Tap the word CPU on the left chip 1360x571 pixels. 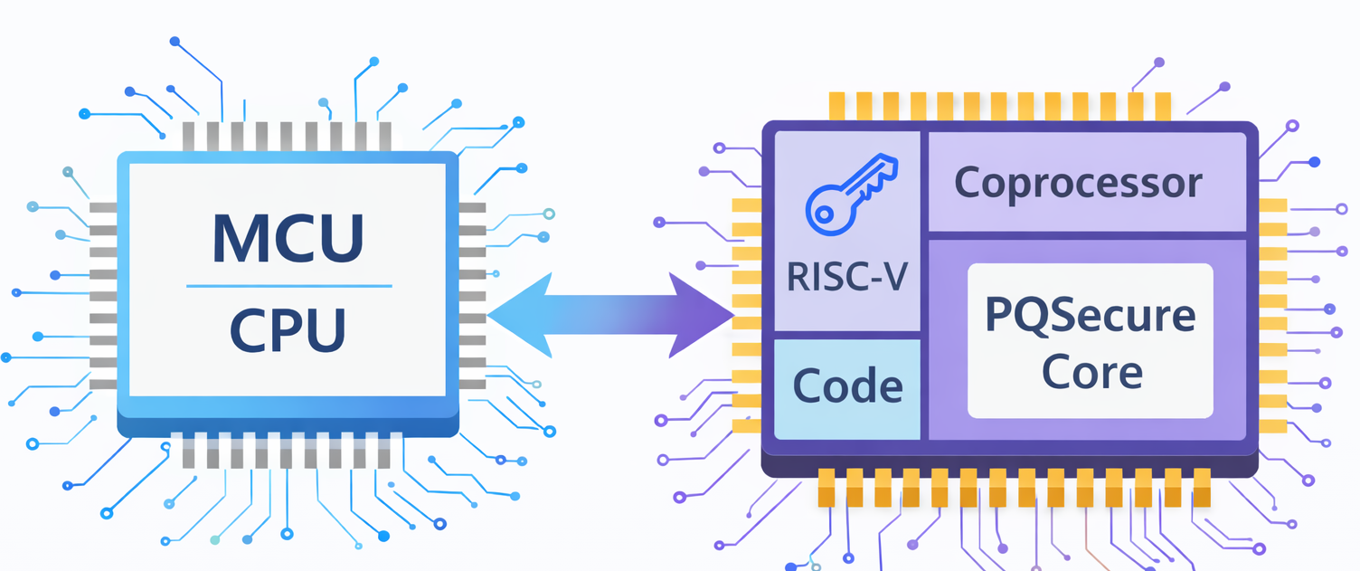pyautogui.click(x=288, y=330)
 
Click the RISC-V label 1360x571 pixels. pyautogui.click(x=847, y=275)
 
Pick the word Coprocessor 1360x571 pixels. pyautogui.click(x=1078, y=183)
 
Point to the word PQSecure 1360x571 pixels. pyautogui.click(x=1090, y=317)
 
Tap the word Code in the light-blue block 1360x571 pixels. pyautogui.click(x=847, y=386)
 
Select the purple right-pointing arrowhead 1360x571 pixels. pyautogui.click(x=701, y=315)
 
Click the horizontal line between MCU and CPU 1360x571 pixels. pyautogui.click(x=288, y=286)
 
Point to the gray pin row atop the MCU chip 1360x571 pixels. pyautogui.click(x=288, y=136)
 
